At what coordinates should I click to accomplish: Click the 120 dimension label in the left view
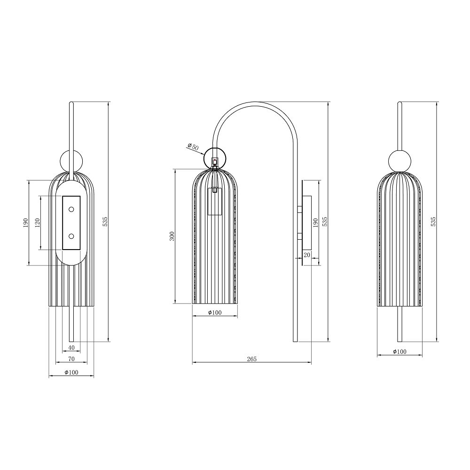[38, 222]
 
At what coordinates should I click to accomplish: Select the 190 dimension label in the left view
[25, 222]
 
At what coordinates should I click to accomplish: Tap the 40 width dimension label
[71, 348]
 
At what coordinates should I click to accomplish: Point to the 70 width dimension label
[71, 359]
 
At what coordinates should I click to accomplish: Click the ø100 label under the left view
[71, 372]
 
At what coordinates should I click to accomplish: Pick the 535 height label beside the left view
[105, 221]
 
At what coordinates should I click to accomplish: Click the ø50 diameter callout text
[193, 147]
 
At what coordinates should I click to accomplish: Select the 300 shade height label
[172, 236]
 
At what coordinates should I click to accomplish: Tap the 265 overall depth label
[252, 359]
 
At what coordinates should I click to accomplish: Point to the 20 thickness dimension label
[307, 254]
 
